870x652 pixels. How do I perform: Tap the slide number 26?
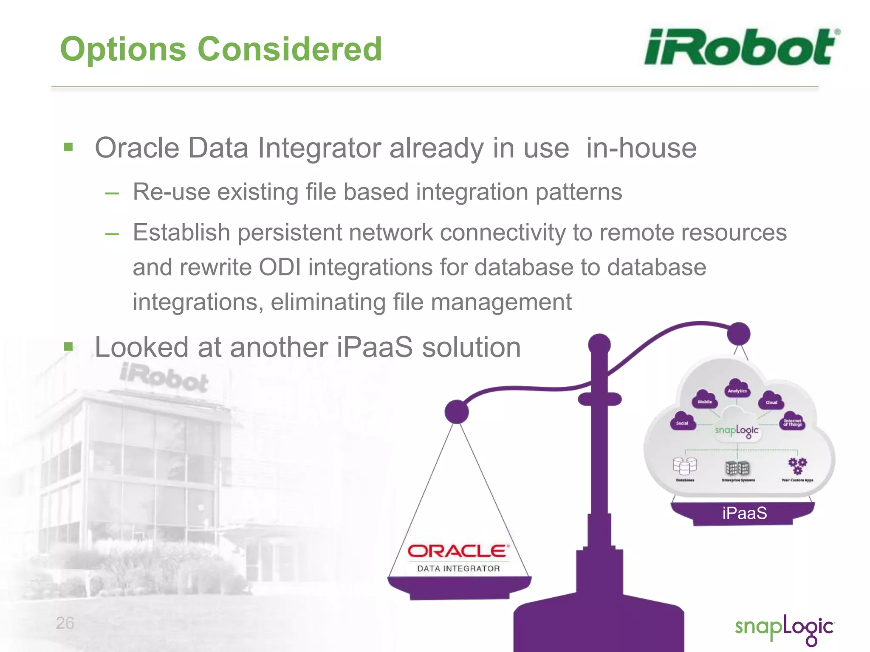[65, 623]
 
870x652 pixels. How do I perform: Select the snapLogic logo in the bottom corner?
[784, 629]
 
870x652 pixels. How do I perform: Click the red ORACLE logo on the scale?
[458, 551]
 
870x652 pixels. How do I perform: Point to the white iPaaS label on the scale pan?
[744, 513]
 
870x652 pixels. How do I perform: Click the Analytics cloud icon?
[737, 388]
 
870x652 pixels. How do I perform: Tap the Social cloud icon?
[682, 421]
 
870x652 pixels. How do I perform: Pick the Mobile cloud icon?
[705, 399]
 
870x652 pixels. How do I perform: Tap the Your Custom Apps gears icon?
[797, 466]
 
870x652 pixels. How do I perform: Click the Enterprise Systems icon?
[738, 468]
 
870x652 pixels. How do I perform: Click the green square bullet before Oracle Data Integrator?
[68, 147]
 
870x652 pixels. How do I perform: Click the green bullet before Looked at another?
[68, 347]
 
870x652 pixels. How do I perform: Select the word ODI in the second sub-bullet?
[280, 267]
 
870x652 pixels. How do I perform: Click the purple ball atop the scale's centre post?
[599, 344]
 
